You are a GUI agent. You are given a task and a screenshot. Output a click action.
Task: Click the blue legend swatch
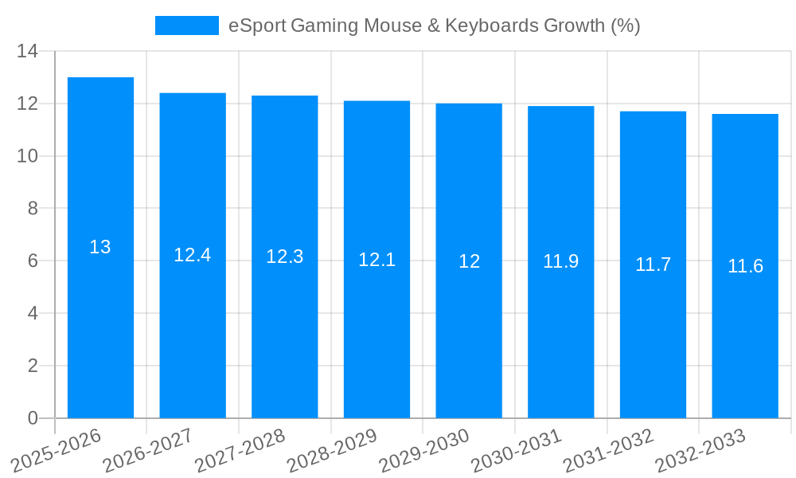click(186, 25)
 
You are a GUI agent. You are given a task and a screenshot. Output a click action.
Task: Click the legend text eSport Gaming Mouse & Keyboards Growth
click(434, 25)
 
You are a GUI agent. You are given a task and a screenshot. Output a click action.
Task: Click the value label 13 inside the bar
click(100, 247)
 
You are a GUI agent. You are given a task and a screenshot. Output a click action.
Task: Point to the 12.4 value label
click(193, 255)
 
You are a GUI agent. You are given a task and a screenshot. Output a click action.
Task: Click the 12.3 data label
click(284, 257)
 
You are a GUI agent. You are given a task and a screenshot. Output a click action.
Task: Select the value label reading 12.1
click(377, 260)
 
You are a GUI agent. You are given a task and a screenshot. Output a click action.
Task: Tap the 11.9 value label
click(560, 261)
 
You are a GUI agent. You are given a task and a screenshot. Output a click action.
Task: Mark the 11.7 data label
click(653, 264)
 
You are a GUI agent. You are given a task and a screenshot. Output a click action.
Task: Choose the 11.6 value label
click(745, 266)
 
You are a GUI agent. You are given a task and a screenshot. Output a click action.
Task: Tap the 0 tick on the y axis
click(33, 418)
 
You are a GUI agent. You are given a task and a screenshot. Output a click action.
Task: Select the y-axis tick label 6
click(33, 261)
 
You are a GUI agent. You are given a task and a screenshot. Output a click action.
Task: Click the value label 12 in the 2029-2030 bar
click(469, 261)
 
